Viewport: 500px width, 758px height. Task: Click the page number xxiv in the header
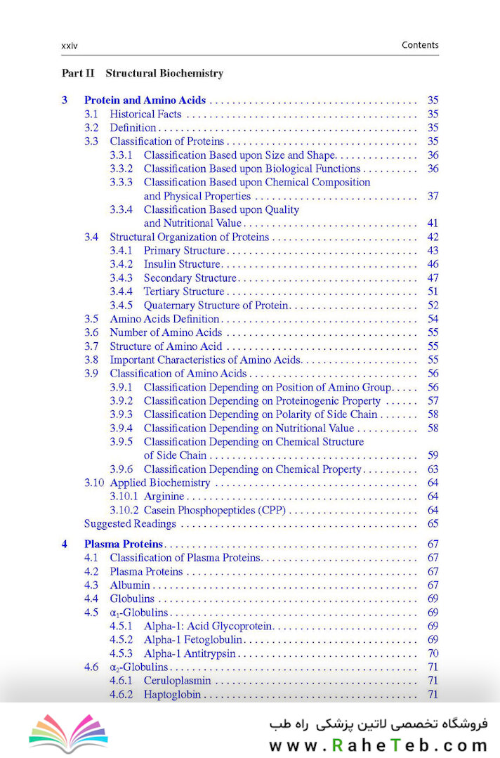[x=70, y=46]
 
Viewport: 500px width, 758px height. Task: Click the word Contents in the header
[x=420, y=45]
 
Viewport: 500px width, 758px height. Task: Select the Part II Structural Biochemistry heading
[x=143, y=73]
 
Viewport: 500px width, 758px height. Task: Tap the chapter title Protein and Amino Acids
[x=145, y=100]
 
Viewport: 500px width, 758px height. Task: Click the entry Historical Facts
[x=145, y=115]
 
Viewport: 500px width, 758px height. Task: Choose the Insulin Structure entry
[x=182, y=265]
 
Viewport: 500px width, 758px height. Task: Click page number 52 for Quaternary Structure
[x=433, y=306]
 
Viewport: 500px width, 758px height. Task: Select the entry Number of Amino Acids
[x=166, y=333]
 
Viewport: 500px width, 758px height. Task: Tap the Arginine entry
[x=164, y=497]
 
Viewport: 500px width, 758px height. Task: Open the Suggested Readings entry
[x=130, y=524]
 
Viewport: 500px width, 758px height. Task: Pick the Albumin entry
[x=130, y=585]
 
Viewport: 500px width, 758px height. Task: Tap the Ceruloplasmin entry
[x=177, y=681]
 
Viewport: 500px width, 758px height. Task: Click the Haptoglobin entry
[x=172, y=695]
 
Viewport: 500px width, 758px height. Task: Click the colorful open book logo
[x=68, y=733]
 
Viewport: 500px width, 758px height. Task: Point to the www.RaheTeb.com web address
[x=378, y=745]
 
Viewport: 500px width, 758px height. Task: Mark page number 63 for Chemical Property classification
[x=433, y=469]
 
